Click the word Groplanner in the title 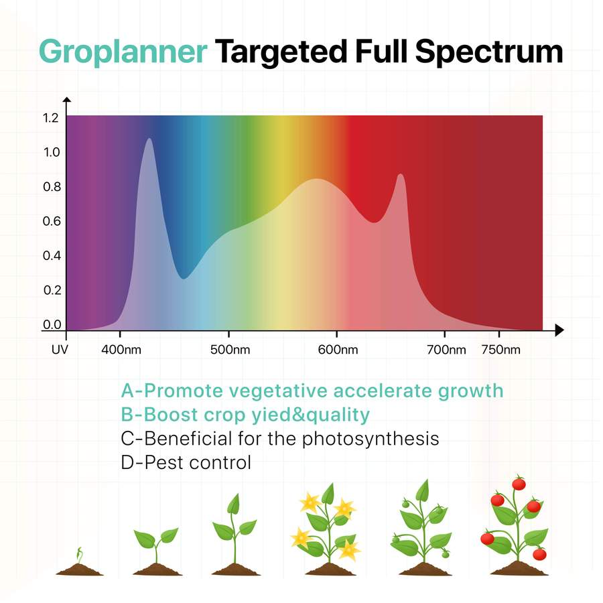coord(123,52)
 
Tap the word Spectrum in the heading coord(489,52)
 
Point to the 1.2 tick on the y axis coord(51,118)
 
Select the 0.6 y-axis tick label coord(52,221)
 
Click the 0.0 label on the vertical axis coord(52,324)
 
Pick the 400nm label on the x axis coord(121,350)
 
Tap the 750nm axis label coord(500,350)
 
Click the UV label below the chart coord(60,350)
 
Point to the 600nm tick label coord(338,350)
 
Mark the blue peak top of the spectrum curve coord(149,139)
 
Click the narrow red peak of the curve coord(401,175)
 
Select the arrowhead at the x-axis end coord(559,330)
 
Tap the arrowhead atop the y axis coord(67,100)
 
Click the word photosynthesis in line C coord(371,439)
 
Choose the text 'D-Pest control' coord(186,462)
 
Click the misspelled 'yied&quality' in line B coord(311,415)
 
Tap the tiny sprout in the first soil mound coord(79,555)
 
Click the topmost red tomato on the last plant coord(519,483)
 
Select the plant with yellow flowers coord(328,529)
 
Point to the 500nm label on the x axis coord(230,350)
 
